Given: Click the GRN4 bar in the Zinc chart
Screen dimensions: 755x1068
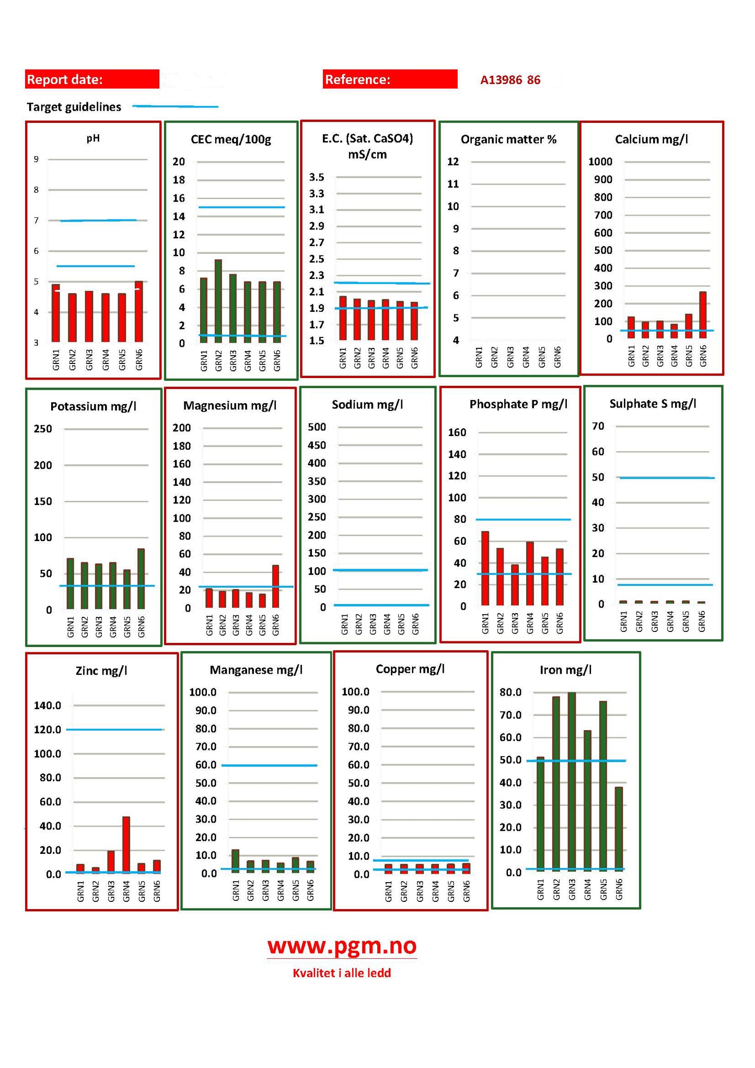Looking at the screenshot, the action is click(126, 844).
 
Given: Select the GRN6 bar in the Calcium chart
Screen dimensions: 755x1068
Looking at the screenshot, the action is click(703, 315).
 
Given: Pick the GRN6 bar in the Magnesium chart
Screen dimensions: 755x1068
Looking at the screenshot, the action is click(275, 586).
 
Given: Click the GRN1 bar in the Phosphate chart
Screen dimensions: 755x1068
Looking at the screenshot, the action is click(485, 569).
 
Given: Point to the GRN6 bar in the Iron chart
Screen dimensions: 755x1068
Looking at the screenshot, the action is click(619, 829).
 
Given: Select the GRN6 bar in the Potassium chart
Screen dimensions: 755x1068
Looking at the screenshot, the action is click(141, 579).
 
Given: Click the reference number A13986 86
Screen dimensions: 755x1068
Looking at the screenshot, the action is click(510, 80).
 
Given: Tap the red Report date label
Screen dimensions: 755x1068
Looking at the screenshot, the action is click(92, 79).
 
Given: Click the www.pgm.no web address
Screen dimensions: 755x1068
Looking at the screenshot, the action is click(342, 946).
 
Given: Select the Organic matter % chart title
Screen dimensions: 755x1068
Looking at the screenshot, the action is click(508, 139).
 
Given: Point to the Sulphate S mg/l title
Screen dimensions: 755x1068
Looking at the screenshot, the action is click(653, 404).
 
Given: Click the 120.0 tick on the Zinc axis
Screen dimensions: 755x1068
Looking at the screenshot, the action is click(48, 730).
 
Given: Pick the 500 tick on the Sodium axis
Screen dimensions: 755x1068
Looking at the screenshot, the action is click(317, 427).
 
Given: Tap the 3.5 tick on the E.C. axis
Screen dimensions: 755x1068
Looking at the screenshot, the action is click(317, 177).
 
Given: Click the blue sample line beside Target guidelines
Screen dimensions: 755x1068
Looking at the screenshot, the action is click(176, 107).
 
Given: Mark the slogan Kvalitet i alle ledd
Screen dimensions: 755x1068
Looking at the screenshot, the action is click(342, 973).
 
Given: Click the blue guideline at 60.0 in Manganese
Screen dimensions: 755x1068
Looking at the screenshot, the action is click(270, 765).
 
